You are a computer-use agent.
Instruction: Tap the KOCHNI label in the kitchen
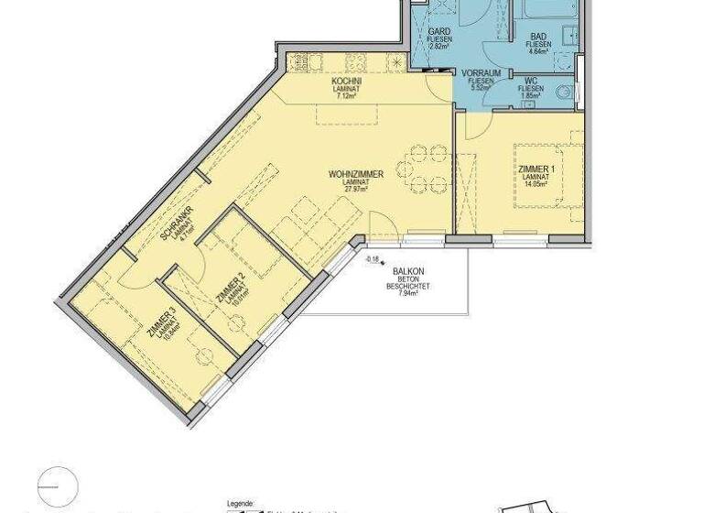(x=348, y=81)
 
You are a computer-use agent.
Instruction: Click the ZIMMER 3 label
(x=161, y=320)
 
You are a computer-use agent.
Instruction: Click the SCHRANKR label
(x=172, y=221)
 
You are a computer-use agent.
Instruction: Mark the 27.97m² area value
(x=355, y=190)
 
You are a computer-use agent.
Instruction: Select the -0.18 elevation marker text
(x=373, y=259)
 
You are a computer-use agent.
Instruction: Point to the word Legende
(x=241, y=504)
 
